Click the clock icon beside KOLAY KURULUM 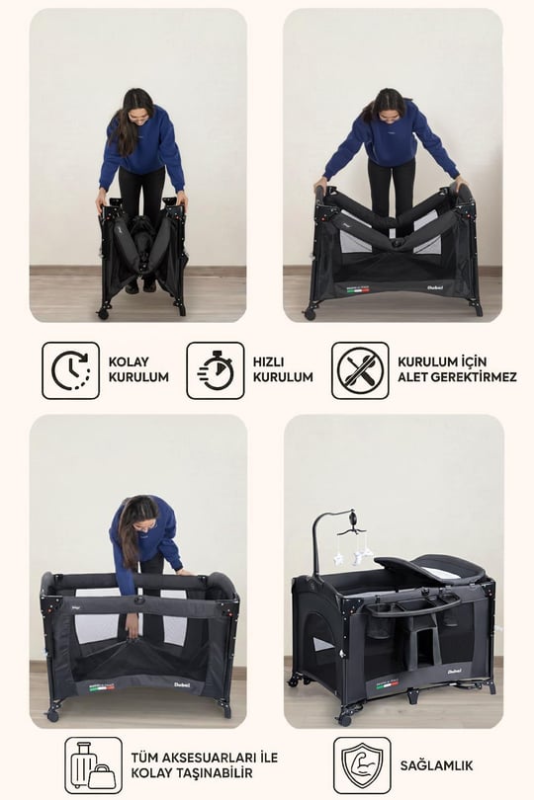[70, 370]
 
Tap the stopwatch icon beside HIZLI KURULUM [216, 370]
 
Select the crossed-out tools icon [360, 370]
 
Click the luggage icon [94, 765]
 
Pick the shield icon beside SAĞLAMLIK [362, 765]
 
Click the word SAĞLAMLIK [436, 765]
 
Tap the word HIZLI [268, 361]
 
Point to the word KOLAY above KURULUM [129, 361]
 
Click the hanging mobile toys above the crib [353, 548]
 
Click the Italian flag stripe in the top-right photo [359, 290]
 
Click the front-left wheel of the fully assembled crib [345, 720]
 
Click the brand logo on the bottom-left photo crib [182, 684]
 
